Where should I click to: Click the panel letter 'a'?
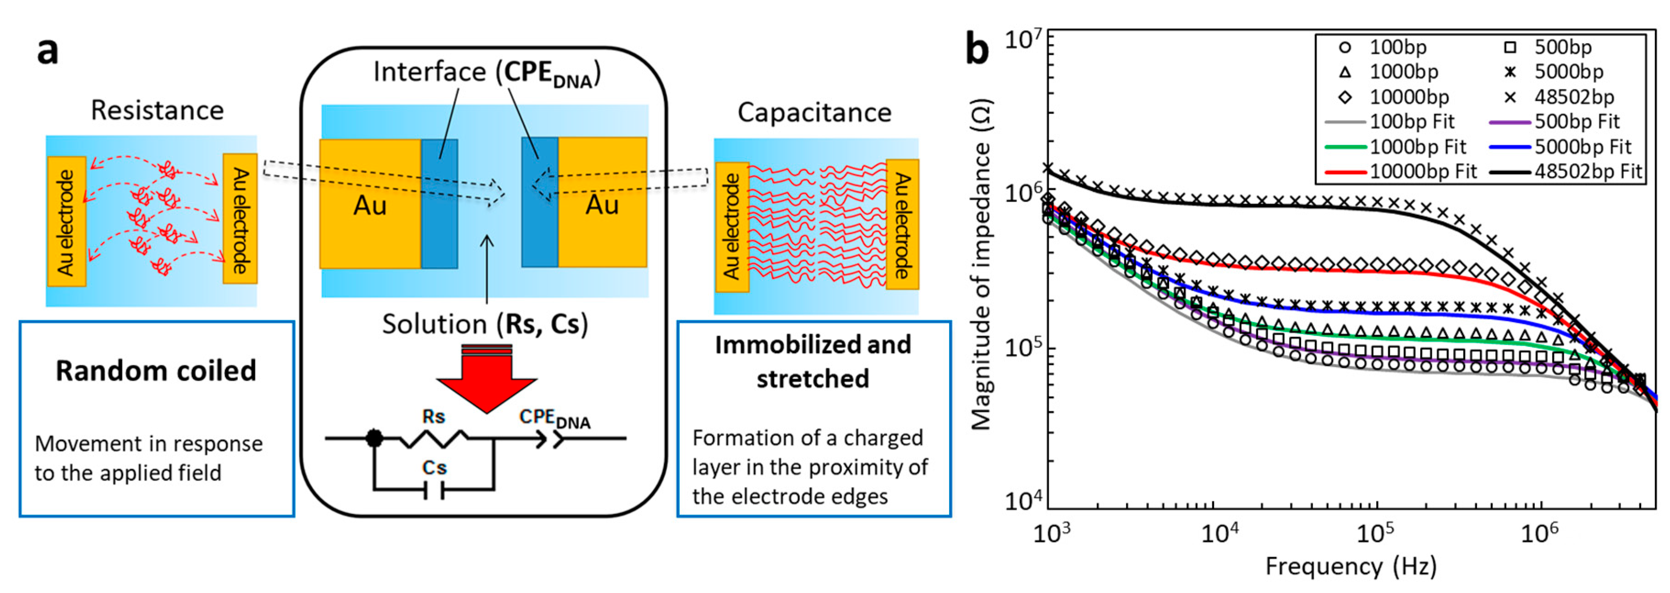(47, 51)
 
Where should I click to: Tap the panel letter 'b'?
(977, 48)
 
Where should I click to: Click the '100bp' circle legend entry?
(1387, 47)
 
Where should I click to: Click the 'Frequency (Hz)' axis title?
(1351, 566)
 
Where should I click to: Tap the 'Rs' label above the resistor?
(433, 416)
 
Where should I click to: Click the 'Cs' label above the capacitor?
(434, 467)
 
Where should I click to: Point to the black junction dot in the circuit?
(374, 438)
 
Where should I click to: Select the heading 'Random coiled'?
(156, 371)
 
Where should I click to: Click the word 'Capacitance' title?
(814, 113)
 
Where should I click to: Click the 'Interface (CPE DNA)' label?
(486, 72)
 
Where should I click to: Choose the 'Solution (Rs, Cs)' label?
(485, 324)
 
